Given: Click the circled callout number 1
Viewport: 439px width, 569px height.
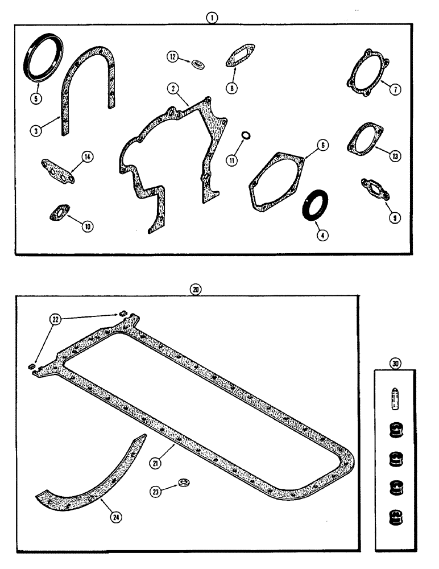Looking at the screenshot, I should coord(212,18).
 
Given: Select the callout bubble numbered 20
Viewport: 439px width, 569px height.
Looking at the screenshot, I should coord(196,289).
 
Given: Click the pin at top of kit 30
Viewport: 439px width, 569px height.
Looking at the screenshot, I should coord(395,398).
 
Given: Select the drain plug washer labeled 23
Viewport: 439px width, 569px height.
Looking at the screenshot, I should coord(184,483).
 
